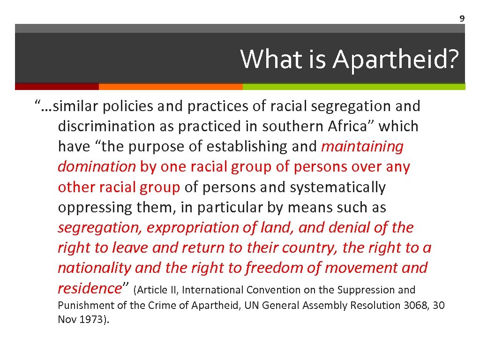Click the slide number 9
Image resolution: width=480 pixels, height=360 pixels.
[462, 19]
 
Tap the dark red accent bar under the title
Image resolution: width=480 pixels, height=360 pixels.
[57, 87]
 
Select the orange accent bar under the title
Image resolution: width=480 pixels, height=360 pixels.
[171, 87]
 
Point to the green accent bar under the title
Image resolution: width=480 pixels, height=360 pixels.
[354, 87]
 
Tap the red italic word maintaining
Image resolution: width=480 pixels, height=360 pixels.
[362, 147]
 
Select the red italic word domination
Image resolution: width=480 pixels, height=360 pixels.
[97, 167]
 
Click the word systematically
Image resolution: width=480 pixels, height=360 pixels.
[338, 187]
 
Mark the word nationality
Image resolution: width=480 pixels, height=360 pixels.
[94, 268]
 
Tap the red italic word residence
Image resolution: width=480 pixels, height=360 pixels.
[89, 288]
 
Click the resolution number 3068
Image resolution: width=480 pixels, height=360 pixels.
[416, 306]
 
